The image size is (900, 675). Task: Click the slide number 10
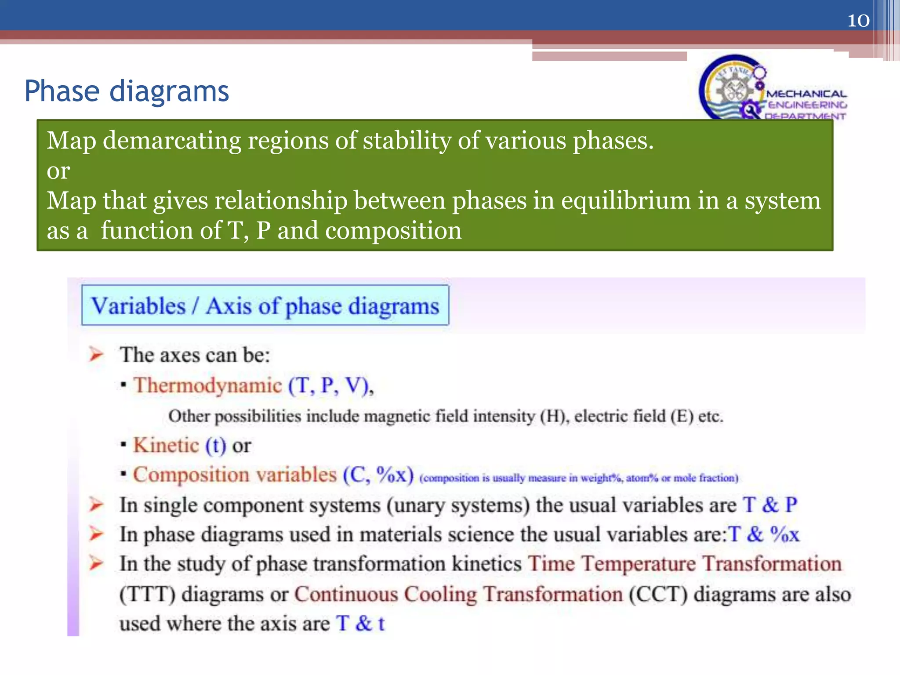[x=858, y=21]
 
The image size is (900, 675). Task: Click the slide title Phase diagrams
[x=127, y=91]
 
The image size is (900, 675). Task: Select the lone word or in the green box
[x=58, y=171]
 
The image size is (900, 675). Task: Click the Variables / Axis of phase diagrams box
[x=265, y=305]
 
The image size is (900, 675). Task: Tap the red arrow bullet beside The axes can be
[x=96, y=354]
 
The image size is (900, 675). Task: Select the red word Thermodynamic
[x=207, y=386]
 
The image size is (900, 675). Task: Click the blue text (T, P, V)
[x=330, y=386]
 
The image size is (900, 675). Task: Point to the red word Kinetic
[x=166, y=446]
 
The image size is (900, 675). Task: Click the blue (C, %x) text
[x=378, y=475]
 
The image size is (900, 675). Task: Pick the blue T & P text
[x=769, y=505]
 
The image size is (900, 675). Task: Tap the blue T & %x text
[x=764, y=535]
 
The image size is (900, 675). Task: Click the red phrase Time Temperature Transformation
[x=684, y=564]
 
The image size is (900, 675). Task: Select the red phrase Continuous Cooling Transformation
[x=458, y=595]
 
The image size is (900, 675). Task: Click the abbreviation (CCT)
[x=657, y=595]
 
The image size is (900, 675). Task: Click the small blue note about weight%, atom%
[x=579, y=478]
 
